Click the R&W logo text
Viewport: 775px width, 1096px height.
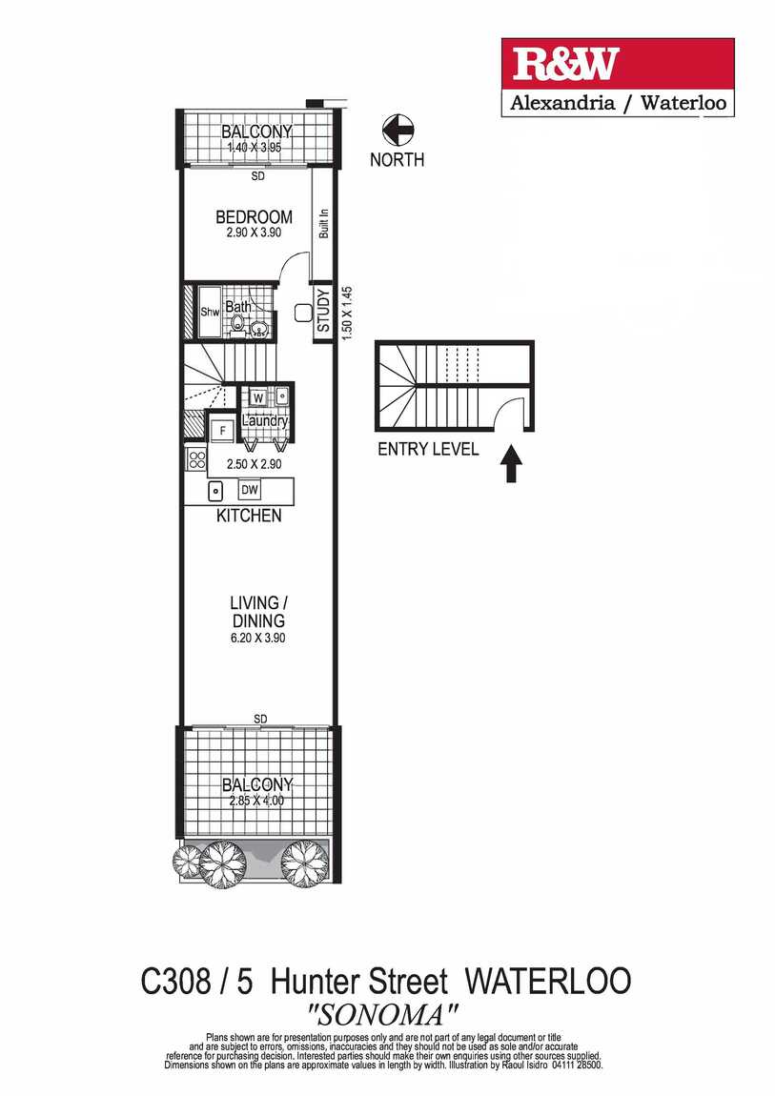(x=566, y=64)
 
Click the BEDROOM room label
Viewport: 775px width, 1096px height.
(x=253, y=217)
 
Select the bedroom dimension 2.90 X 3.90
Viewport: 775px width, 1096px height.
(x=253, y=233)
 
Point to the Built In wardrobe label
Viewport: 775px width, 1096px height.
(x=324, y=224)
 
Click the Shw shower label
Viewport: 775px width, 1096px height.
(x=210, y=312)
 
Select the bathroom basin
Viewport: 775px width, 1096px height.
(x=257, y=330)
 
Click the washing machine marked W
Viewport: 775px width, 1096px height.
(x=258, y=396)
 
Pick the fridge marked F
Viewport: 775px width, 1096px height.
(x=222, y=431)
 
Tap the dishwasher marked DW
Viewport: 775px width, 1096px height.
(x=249, y=490)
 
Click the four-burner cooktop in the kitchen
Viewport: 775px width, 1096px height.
(x=196, y=459)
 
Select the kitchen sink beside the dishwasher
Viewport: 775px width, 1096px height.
(x=215, y=491)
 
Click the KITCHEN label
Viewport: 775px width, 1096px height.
(x=250, y=516)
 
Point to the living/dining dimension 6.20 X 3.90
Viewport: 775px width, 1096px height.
(x=256, y=638)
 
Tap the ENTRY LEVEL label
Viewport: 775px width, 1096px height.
(x=428, y=450)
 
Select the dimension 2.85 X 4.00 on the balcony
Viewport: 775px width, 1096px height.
(x=256, y=801)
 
